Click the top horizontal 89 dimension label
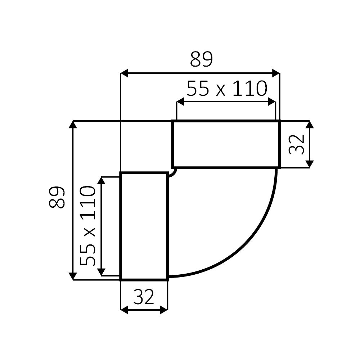(201, 59)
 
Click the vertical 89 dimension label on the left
(57, 197)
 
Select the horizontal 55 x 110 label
(227, 89)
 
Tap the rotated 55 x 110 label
(87, 226)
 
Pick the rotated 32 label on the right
(296, 144)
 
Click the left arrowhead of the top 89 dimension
(124, 73)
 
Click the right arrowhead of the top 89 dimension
(276, 73)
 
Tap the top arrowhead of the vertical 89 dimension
(73, 125)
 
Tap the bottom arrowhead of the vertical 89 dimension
(73, 276)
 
